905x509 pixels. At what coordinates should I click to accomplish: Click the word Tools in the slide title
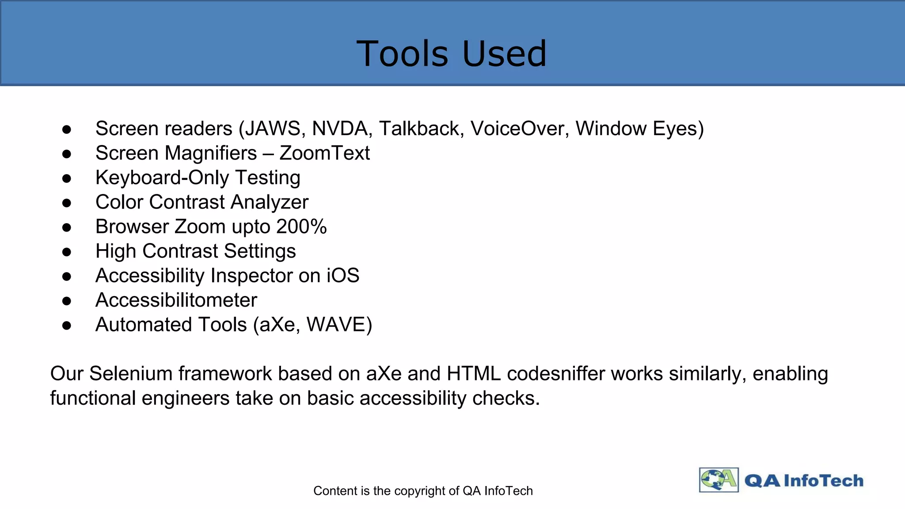402,54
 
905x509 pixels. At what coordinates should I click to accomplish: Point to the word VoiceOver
520,129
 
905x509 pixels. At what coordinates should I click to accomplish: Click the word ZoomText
324,153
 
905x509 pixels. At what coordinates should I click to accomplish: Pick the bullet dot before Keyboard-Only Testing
67,179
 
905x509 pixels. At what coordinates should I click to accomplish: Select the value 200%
301,227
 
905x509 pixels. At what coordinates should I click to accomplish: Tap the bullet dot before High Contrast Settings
67,252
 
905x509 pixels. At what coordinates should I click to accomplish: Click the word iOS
343,276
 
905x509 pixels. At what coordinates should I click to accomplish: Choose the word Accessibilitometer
176,300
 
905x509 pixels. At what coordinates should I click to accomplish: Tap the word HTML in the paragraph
473,374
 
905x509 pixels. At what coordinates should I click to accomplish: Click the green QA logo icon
719,480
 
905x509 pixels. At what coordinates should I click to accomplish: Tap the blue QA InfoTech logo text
803,481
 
